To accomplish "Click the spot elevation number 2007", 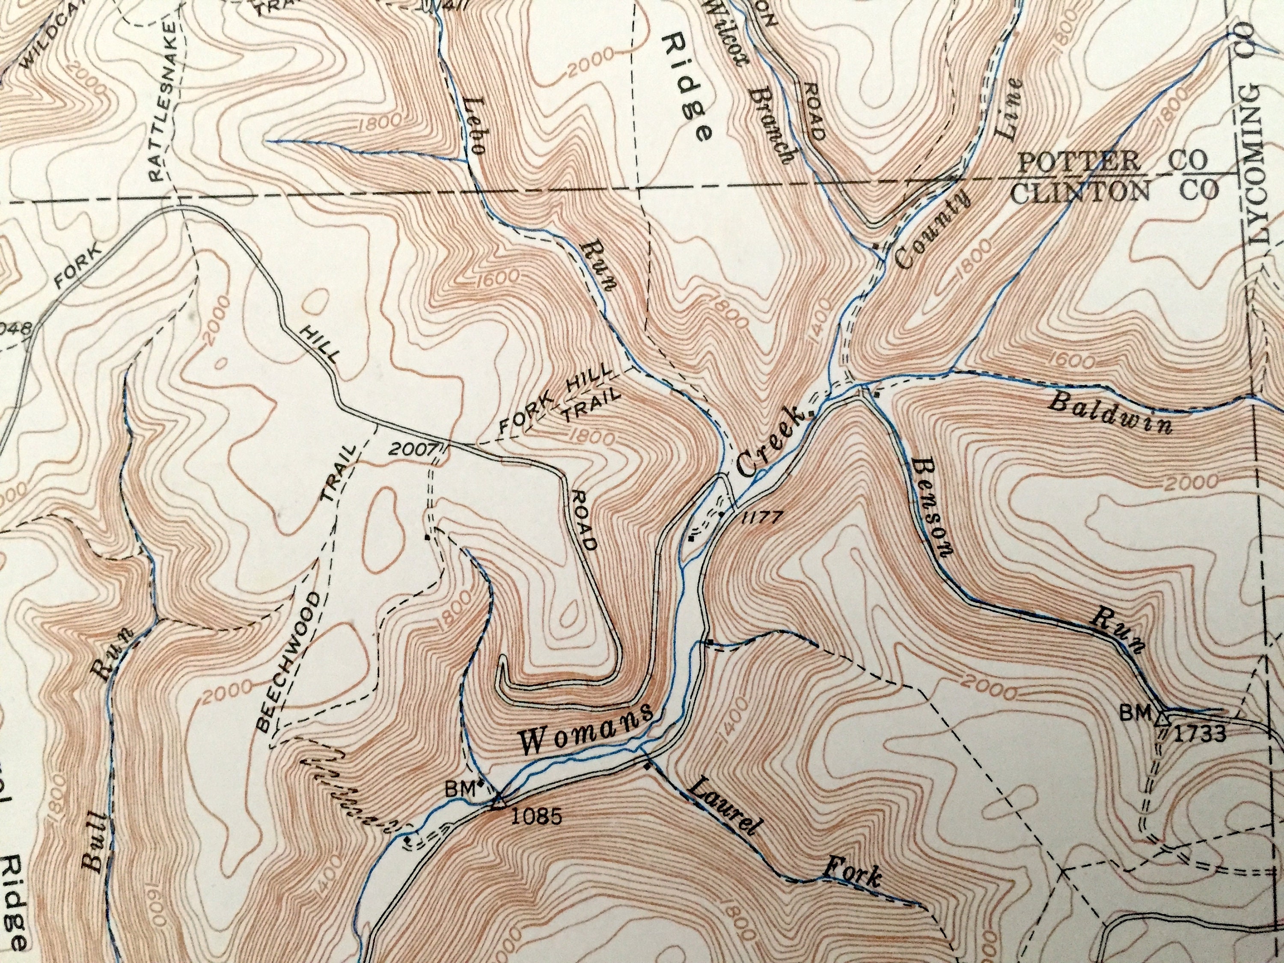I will (x=412, y=449).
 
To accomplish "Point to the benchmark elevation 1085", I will (x=537, y=817).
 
